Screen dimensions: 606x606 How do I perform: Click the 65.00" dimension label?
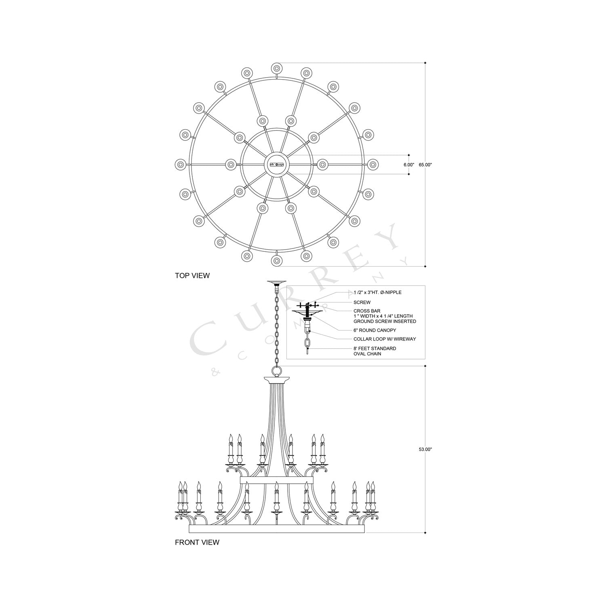click(425, 165)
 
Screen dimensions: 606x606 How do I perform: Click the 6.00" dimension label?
click(408, 165)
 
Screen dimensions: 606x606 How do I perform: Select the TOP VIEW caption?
click(192, 276)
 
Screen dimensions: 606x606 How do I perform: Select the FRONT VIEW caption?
click(197, 542)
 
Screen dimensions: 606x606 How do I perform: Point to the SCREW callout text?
click(362, 302)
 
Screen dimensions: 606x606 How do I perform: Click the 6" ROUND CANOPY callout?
click(375, 330)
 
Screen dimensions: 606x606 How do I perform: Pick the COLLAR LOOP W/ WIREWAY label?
click(385, 339)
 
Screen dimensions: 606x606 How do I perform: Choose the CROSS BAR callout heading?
click(367, 311)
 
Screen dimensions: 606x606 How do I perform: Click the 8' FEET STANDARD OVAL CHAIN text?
click(375, 351)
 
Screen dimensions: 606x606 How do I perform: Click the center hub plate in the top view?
click(276, 164)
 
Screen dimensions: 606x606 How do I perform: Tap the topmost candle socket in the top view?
click(277, 68)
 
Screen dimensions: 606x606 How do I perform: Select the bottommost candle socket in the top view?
click(277, 261)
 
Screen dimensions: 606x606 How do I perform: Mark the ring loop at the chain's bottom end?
click(277, 370)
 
